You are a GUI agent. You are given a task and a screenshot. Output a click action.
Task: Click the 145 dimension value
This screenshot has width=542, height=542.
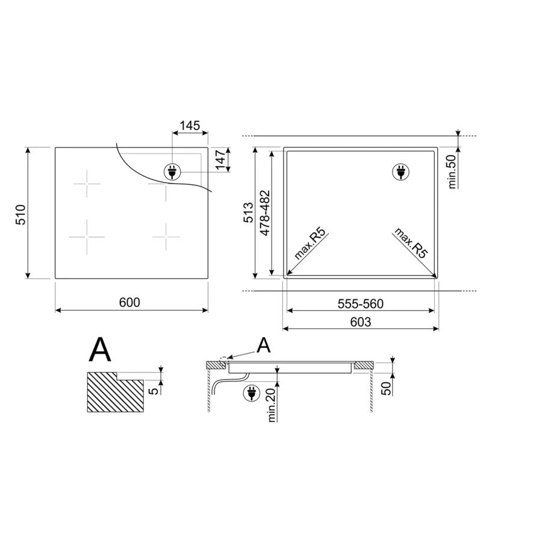190,125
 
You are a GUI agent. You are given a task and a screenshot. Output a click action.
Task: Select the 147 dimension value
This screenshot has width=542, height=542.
220,160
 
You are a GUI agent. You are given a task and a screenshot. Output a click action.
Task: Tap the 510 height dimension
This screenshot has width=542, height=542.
20,214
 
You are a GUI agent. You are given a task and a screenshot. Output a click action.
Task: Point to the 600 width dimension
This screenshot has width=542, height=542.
129,302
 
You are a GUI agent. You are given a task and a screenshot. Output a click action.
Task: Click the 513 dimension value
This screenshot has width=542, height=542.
248,213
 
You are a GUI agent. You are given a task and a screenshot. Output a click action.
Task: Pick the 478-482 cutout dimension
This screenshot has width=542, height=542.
265,213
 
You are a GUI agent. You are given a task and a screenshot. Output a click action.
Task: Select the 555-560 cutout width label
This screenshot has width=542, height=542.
361,304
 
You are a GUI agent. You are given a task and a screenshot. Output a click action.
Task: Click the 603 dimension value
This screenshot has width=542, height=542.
361,322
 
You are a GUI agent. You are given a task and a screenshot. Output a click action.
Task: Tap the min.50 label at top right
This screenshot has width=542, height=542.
452,171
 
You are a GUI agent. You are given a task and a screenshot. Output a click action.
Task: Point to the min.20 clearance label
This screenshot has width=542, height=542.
272,405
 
